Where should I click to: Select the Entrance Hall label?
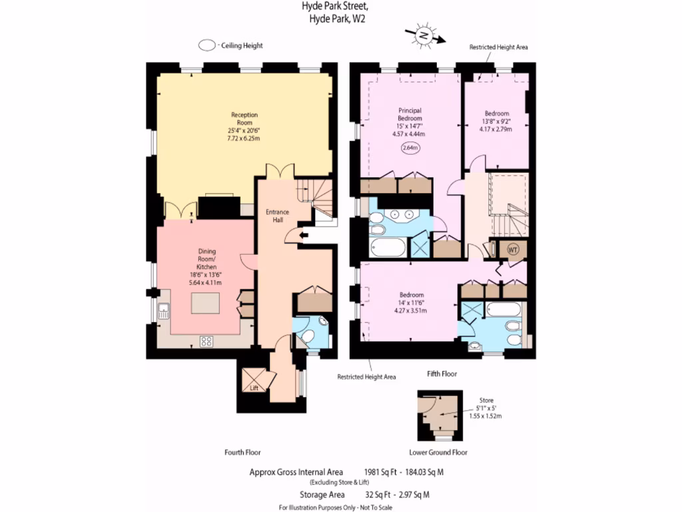[277, 216]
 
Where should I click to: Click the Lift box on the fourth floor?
[254, 381]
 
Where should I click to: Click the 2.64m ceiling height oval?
[410, 149]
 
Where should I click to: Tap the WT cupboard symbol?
[513, 249]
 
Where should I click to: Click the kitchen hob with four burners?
[206, 341]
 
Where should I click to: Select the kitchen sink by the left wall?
[164, 311]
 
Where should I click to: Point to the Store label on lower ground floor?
[486, 401]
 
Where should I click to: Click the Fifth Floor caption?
[442, 374]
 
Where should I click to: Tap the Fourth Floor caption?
[242, 452]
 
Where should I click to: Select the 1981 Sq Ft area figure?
[380, 472]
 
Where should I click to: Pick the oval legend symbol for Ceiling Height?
[207, 45]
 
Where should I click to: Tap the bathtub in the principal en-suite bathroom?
[386, 249]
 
